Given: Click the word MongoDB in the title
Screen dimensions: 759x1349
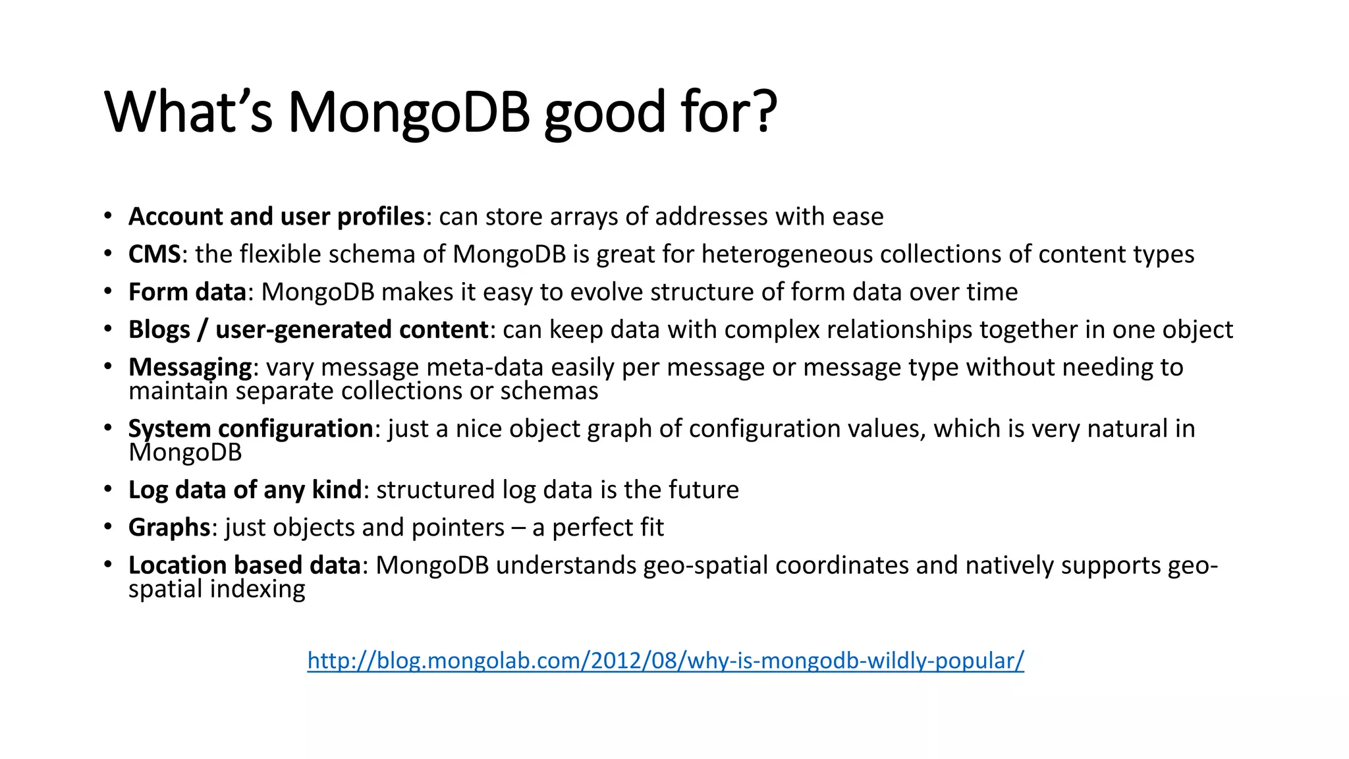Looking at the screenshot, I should [408, 112].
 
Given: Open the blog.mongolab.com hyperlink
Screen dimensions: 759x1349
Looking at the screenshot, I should [665, 660].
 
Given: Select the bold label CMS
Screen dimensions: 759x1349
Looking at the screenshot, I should [154, 254].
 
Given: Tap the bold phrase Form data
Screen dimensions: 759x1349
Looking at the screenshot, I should [187, 292].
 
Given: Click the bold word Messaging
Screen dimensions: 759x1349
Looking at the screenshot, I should [190, 368].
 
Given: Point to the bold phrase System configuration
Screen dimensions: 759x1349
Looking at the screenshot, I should [250, 429].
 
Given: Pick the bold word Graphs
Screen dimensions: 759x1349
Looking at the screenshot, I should [169, 528].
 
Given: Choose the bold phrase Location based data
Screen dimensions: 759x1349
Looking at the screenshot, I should [244, 565].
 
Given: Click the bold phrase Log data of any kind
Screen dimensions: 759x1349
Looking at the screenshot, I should [245, 490].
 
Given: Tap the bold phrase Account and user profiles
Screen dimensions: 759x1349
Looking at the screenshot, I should [276, 217].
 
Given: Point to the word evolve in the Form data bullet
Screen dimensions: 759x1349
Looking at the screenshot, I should [598, 292].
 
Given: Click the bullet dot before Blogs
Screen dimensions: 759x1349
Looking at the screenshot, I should [107, 329].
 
